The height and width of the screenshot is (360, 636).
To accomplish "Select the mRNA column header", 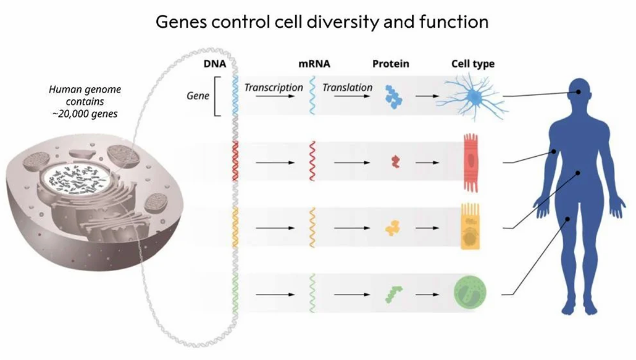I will (x=314, y=64).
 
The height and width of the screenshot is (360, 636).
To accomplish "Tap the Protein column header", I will (x=391, y=64).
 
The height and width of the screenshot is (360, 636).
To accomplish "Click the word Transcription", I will (x=274, y=88).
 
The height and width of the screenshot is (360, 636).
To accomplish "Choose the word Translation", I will (x=348, y=88).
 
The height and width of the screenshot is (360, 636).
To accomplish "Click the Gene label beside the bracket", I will (x=198, y=96).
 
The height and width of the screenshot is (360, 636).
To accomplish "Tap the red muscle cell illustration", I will (x=472, y=162).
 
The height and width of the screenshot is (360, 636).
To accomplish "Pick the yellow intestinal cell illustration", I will (x=469, y=227).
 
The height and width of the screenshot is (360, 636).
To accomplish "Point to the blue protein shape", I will (x=391, y=97).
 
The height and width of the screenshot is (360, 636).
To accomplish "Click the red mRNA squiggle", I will (x=313, y=161).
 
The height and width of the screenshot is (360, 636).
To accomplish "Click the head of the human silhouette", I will (x=578, y=92).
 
